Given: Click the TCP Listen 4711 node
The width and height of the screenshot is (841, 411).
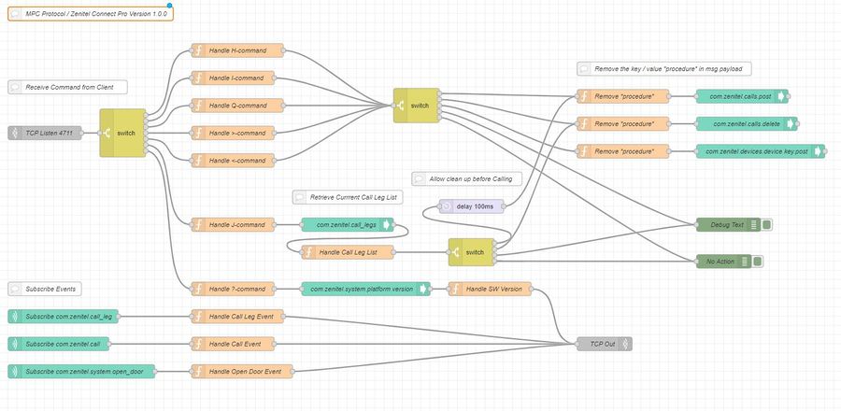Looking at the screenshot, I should [x=44, y=134].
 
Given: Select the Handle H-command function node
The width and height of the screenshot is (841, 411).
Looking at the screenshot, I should [x=233, y=50].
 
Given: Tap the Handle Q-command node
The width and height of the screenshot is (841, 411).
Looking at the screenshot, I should [x=233, y=105].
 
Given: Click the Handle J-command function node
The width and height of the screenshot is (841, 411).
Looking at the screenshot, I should [x=233, y=224].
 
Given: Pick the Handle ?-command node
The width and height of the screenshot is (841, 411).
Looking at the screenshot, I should [x=233, y=289].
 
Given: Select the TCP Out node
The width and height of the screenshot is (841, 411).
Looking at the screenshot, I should [x=604, y=344].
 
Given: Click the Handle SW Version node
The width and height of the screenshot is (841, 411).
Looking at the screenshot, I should [x=491, y=289].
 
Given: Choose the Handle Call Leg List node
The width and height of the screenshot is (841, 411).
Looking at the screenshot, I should [x=347, y=251].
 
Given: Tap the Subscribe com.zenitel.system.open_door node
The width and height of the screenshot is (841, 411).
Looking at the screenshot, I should [x=83, y=372].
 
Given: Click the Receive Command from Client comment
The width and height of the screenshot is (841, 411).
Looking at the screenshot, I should [x=67, y=87].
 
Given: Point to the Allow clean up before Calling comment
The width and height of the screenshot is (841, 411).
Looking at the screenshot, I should [x=463, y=178].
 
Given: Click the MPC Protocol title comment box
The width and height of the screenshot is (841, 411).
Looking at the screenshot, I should [x=90, y=15].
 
